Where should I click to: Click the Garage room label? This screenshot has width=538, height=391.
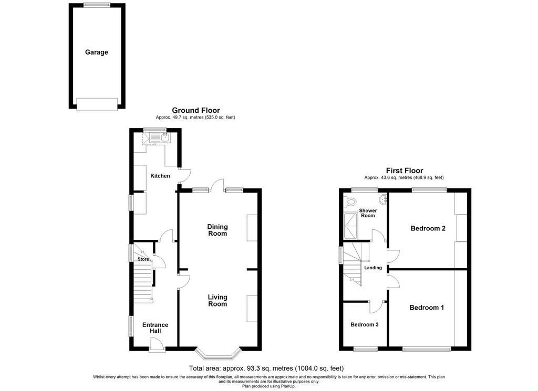click(97, 52)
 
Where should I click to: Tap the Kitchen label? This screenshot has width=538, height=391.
click(160, 176)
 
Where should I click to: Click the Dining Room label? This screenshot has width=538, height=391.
click(218, 230)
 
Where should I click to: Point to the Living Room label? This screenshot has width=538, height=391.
click(218, 300)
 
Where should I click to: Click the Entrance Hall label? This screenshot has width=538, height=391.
click(155, 327)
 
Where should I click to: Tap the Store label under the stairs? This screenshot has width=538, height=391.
click(143, 259)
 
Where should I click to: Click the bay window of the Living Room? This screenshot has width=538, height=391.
click(218, 355)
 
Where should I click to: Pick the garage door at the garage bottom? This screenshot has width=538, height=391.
click(97, 104)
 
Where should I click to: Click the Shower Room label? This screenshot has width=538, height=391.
click(368, 213)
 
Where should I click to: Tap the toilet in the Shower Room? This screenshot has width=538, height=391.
click(349, 202)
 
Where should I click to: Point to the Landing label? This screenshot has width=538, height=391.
click(373, 268)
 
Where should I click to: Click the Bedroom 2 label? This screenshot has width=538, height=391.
click(428, 228)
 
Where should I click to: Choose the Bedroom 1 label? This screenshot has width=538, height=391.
click(427, 308)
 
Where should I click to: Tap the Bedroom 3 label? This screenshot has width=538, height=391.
click(365, 324)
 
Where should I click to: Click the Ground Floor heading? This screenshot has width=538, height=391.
click(195, 110)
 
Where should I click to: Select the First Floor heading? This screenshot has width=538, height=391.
click(405, 171)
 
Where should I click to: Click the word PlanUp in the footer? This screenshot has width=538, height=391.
click(288, 386)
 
